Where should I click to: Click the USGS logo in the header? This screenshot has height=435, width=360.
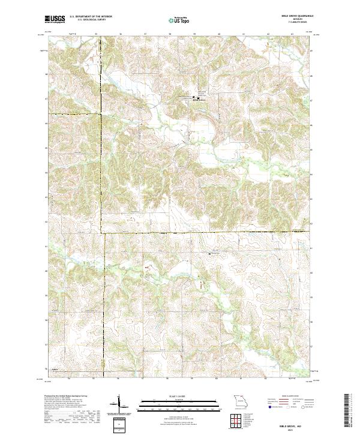(55, 19)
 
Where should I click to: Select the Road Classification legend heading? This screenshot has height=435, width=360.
(288, 397)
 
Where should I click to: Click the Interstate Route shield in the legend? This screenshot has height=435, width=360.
(270, 406)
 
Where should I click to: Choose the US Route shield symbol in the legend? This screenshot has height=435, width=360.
(288, 406)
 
